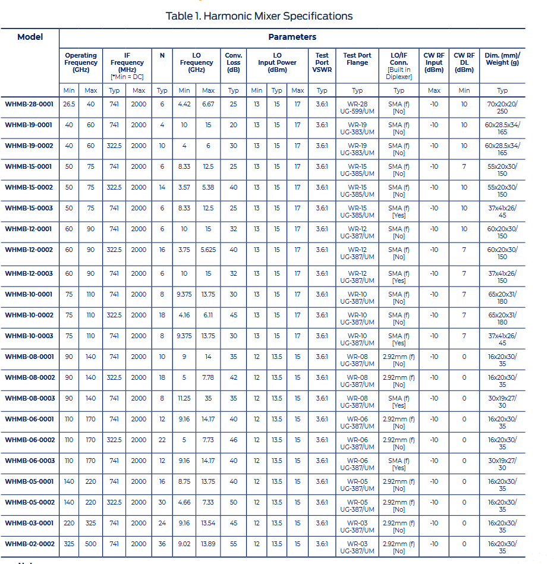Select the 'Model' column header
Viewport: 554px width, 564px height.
pos(30,37)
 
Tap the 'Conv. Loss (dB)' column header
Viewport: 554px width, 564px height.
pos(233,62)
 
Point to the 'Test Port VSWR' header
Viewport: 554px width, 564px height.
pos(322,62)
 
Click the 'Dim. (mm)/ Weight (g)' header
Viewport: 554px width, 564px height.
pos(502,59)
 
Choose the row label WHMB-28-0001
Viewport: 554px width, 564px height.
pos(29,104)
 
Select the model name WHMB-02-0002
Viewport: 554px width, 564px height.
pos(29,544)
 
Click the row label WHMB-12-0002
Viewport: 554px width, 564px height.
pos(29,250)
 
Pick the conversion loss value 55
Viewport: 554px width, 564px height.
pos(233,544)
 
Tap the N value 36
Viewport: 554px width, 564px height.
pos(162,544)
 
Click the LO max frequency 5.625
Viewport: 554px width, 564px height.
pos(208,250)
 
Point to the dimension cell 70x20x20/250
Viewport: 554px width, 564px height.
pos(502,108)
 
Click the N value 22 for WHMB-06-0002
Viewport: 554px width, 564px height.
pos(162,440)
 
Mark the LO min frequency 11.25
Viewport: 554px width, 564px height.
pos(184,398)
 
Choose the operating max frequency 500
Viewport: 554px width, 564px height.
pos(90,544)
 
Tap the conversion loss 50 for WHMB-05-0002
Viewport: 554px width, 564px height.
pos(233,502)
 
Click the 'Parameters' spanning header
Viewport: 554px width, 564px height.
pos(292,37)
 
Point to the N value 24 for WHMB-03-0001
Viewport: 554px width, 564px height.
pos(162,523)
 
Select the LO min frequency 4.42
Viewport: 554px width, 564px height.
pos(184,104)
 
